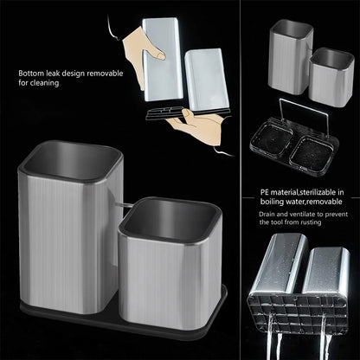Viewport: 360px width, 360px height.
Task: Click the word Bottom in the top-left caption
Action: click(x=32, y=74)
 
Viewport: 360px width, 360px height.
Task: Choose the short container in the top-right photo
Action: click(x=331, y=78)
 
